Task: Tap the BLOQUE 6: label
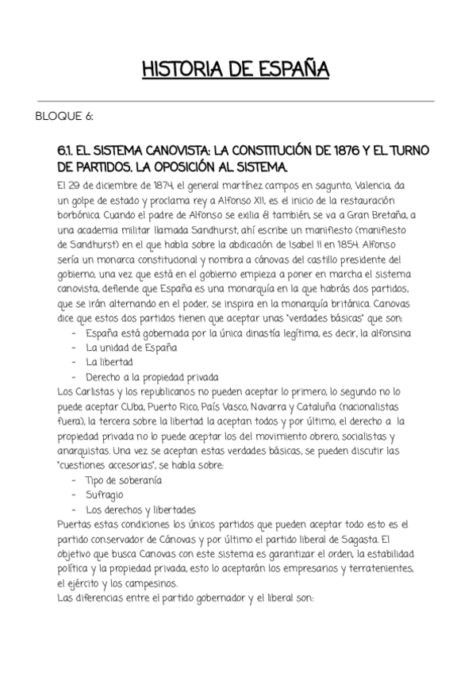pos(64,117)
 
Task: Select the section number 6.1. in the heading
pos(71,152)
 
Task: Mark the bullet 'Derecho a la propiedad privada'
pos(152,376)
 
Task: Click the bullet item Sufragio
pos(105,495)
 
